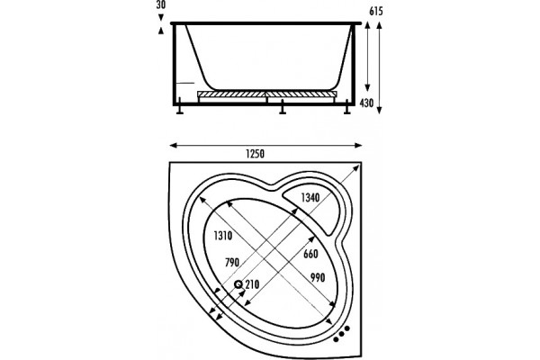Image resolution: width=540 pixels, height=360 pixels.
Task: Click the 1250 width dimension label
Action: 256,154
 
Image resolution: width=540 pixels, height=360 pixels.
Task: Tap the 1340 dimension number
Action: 310,197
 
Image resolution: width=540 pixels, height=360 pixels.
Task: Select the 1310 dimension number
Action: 223,236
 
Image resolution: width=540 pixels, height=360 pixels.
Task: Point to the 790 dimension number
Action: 232,263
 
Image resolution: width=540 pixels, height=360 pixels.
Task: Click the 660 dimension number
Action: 310,254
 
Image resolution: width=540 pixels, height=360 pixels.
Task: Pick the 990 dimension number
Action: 318,278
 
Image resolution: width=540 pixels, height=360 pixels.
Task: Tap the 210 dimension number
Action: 252,284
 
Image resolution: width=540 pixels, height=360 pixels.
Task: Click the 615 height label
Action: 375,12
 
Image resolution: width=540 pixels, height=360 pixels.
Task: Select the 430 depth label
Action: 367,103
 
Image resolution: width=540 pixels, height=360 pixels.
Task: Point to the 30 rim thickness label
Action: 160,4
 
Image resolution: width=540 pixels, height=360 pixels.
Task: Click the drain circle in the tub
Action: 238,284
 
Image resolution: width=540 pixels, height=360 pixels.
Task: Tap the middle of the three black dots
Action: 342,334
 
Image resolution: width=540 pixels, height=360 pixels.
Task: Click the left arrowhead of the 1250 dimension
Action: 173,146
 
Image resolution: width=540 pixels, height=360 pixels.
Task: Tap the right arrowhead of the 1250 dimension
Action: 358,146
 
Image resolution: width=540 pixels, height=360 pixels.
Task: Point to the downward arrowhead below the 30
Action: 161,17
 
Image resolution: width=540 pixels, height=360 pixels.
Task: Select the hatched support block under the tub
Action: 267,94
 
